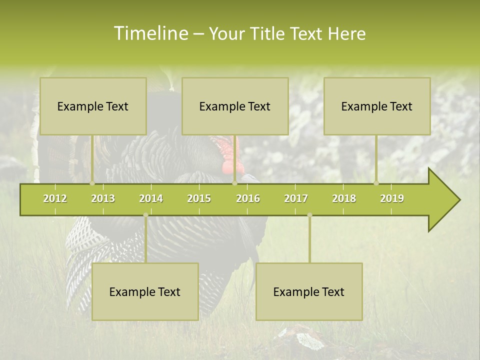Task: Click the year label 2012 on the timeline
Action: click(x=55, y=198)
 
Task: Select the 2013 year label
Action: click(x=103, y=198)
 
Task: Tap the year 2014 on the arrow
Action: click(x=151, y=198)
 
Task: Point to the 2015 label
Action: click(x=199, y=198)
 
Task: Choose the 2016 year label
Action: click(x=248, y=198)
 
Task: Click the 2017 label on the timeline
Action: click(x=296, y=198)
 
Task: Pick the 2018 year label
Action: click(x=344, y=198)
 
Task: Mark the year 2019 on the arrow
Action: click(x=392, y=198)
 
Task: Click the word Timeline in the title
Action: click(x=151, y=33)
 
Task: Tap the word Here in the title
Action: click(x=346, y=34)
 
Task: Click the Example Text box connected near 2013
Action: click(x=93, y=106)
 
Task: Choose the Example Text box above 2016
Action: click(x=235, y=106)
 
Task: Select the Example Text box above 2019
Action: click(x=377, y=106)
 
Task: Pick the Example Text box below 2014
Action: click(x=145, y=291)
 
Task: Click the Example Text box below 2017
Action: click(x=309, y=291)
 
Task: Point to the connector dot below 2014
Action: click(x=145, y=215)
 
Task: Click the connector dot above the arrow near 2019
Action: click(x=376, y=183)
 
